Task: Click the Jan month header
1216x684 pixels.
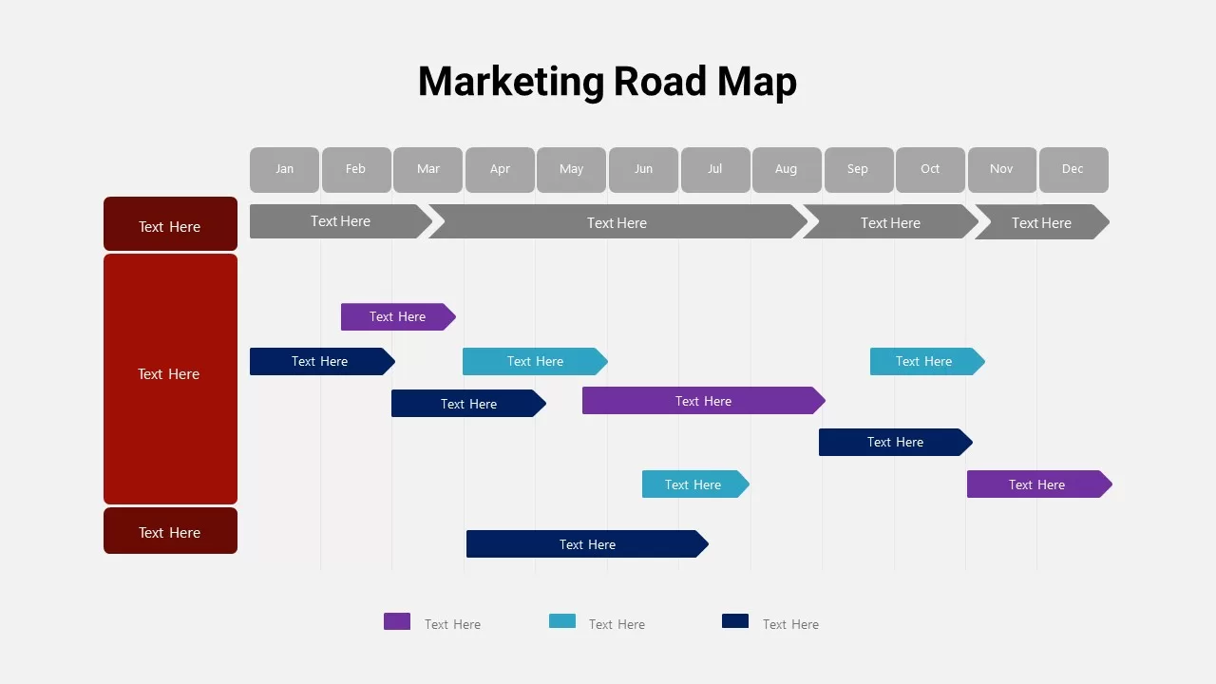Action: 284,169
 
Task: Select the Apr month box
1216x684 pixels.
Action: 500,169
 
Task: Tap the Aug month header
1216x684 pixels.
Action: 787,169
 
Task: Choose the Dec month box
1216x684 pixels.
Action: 1073,169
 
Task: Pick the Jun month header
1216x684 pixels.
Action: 643,169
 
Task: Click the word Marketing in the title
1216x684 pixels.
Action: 510,82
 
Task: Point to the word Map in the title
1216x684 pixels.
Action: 757,82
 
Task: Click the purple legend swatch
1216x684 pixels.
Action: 397,621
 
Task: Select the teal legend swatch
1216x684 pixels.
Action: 562,621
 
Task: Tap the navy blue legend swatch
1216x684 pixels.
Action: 735,621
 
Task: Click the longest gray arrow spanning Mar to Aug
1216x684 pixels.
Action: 617,222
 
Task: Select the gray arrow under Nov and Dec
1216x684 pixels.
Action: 1041,222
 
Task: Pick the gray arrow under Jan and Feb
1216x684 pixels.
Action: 339,221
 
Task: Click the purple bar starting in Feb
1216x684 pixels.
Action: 397,316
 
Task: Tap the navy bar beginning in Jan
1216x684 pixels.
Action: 320,361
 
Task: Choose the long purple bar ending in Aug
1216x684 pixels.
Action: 703,401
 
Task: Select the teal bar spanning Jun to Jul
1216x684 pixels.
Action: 693,484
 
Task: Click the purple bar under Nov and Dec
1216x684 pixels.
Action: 1037,484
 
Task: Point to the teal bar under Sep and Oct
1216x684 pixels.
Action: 924,361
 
